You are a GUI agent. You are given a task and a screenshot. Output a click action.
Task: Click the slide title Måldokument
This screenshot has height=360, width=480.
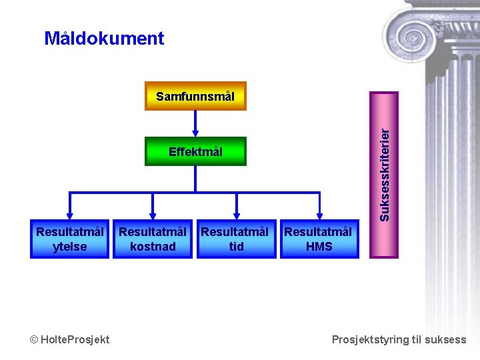click(x=104, y=39)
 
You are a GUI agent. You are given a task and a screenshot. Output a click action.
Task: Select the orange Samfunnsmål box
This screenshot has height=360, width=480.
click(x=195, y=96)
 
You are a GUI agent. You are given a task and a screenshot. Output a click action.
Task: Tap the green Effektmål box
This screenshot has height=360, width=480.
click(x=195, y=152)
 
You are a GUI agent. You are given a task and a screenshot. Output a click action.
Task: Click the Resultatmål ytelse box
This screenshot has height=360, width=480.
click(x=69, y=239)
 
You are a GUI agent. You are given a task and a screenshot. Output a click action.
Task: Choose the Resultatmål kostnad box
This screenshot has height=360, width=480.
click(x=153, y=239)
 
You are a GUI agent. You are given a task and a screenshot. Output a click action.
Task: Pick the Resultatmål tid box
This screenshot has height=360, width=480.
click(x=236, y=239)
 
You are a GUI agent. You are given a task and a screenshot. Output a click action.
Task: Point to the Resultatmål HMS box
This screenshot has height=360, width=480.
click(x=319, y=239)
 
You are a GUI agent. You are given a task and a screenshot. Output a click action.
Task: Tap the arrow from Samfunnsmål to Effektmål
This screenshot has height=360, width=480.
click(x=195, y=123)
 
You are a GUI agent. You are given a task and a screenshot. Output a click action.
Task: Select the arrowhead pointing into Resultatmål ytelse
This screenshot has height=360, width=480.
click(x=69, y=215)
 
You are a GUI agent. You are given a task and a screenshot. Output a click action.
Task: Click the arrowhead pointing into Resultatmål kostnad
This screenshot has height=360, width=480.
click(x=153, y=215)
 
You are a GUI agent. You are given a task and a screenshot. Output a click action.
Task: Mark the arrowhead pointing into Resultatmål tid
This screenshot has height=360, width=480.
click(x=236, y=215)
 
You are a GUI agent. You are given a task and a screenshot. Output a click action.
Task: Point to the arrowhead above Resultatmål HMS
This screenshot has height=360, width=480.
click(x=319, y=215)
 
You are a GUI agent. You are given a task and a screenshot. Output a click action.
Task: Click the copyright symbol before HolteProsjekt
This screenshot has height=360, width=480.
click(x=34, y=340)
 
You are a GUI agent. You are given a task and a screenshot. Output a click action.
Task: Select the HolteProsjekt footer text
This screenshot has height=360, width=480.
click(x=75, y=340)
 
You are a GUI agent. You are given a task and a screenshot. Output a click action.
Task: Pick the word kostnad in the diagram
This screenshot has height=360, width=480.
click(x=153, y=247)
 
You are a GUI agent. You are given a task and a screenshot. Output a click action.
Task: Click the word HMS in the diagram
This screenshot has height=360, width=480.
click(x=319, y=247)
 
